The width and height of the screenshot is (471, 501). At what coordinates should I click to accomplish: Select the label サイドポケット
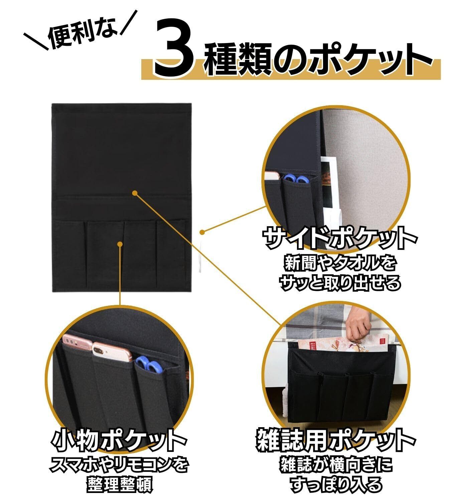[340, 238]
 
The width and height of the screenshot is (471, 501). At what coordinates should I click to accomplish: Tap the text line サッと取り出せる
[340, 283]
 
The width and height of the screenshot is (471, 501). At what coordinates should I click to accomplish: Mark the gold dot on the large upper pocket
[135, 193]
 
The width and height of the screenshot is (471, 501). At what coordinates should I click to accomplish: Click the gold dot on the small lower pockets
[120, 244]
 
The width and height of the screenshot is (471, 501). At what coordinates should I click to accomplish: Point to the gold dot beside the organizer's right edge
[202, 232]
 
